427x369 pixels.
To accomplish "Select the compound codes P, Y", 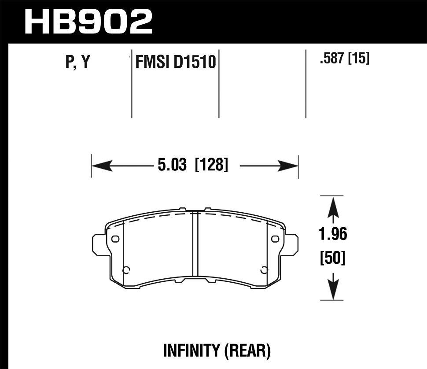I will [77, 63].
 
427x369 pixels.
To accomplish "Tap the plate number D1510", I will [194, 63].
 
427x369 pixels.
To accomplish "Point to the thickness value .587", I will [332, 59].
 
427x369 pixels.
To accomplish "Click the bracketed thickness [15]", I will [358, 59].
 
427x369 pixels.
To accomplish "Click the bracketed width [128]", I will [211, 166].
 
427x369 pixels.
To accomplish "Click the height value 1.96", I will [333, 234].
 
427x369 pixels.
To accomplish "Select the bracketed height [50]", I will [333, 258].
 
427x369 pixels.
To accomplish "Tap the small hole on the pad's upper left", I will [116, 239].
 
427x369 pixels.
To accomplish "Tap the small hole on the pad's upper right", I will [276, 239].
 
